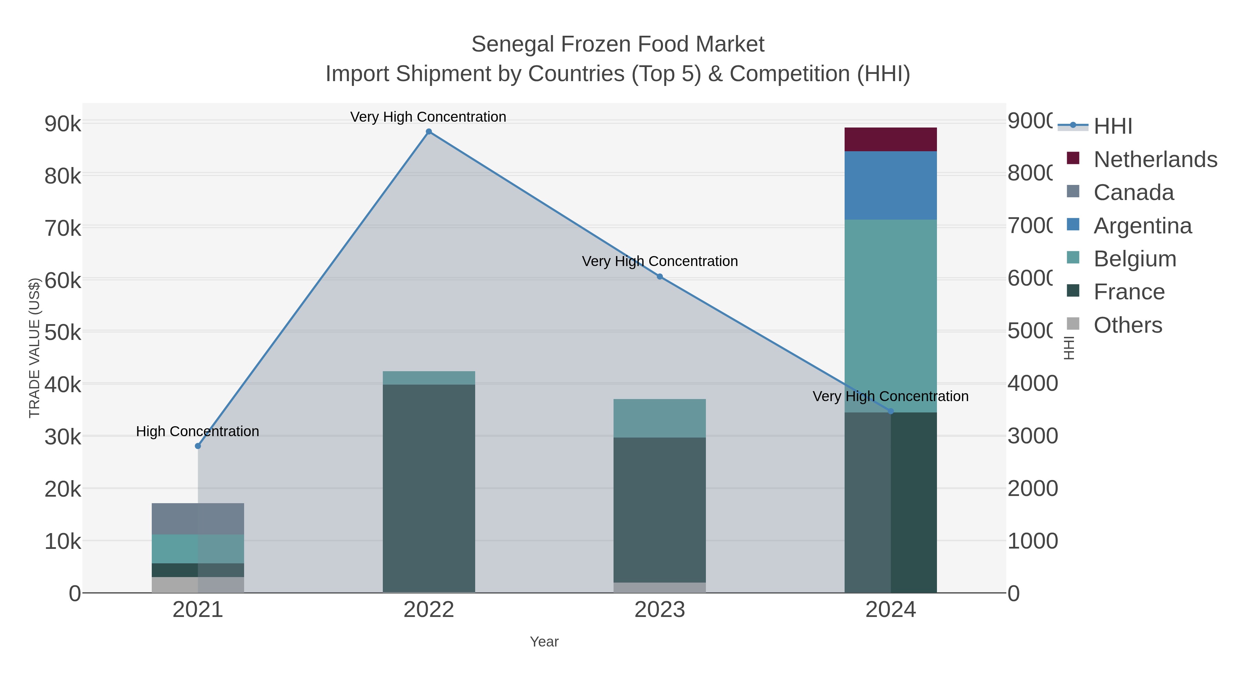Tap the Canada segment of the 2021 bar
(198, 519)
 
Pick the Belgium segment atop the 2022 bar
(428, 377)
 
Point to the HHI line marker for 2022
(428, 132)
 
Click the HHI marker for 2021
(198, 446)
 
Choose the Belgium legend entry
(1135, 259)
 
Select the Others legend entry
(1128, 325)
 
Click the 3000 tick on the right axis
(1032, 436)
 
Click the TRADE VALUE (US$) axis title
(35, 348)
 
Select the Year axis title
(544, 642)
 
